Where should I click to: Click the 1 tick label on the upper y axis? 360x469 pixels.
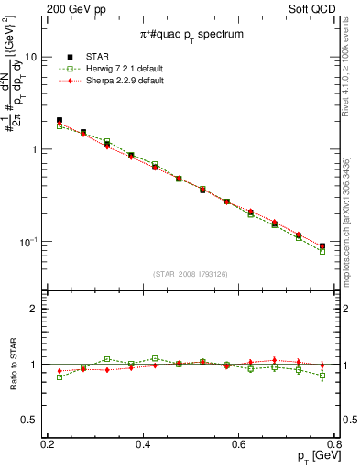[33, 149]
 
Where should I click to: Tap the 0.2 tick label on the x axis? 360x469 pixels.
[48, 444]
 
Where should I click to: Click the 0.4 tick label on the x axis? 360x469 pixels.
[143, 444]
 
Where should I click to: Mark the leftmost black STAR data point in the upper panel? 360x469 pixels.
[60, 120]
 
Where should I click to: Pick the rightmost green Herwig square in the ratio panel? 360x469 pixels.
[322, 376]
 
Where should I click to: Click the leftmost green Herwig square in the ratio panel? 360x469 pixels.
[60, 376]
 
